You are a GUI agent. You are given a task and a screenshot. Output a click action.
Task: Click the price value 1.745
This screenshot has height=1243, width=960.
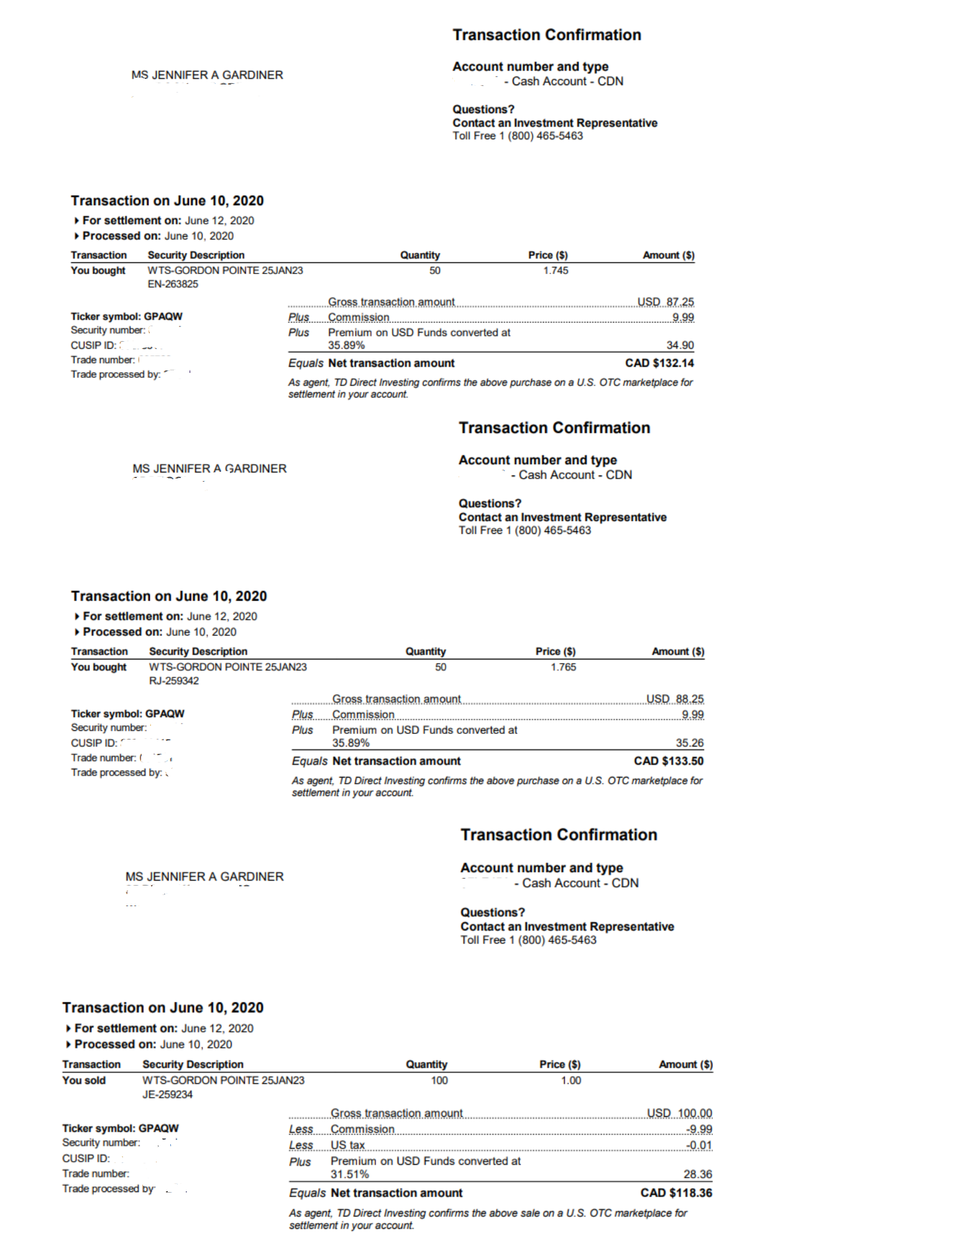point(555,270)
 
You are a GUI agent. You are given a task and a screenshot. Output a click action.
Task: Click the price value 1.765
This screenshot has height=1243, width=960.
point(563,667)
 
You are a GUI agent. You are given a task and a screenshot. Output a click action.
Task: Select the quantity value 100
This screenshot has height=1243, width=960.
point(439,1080)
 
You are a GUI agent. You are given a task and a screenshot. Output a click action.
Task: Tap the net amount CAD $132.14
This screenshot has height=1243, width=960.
point(659,363)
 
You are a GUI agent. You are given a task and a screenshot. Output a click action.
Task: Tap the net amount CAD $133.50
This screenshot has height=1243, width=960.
point(669,761)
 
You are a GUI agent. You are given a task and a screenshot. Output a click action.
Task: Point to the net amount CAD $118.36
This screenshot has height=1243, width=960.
point(676,1193)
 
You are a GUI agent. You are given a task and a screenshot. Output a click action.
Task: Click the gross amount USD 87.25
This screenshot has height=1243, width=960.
point(665,302)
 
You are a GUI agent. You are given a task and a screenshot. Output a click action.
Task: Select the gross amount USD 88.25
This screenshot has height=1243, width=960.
point(675,699)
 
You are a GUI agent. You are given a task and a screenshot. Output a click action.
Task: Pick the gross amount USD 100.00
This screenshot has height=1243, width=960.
point(679,1113)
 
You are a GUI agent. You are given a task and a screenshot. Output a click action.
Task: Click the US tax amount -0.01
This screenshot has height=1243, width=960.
point(699,1145)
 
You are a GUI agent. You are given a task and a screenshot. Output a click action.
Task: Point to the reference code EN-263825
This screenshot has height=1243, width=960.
point(173,284)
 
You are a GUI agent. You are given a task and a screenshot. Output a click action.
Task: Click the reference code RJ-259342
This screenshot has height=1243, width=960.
point(174,681)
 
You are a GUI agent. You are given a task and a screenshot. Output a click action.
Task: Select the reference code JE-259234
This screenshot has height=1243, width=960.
point(167,1094)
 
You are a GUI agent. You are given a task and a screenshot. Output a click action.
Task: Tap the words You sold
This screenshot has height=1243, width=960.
point(84,1080)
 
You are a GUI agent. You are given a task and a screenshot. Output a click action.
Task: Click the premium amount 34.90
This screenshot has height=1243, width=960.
point(680,345)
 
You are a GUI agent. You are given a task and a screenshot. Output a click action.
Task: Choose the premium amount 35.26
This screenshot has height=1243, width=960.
point(690,743)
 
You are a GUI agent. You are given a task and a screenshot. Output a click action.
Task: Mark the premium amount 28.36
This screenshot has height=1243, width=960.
point(698,1174)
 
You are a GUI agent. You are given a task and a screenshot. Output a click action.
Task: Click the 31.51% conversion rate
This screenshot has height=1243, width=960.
point(349,1174)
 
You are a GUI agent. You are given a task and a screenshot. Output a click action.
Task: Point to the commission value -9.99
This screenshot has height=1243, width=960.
point(699,1129)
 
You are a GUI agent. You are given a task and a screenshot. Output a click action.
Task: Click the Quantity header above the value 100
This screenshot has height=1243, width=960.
point(426,1064)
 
